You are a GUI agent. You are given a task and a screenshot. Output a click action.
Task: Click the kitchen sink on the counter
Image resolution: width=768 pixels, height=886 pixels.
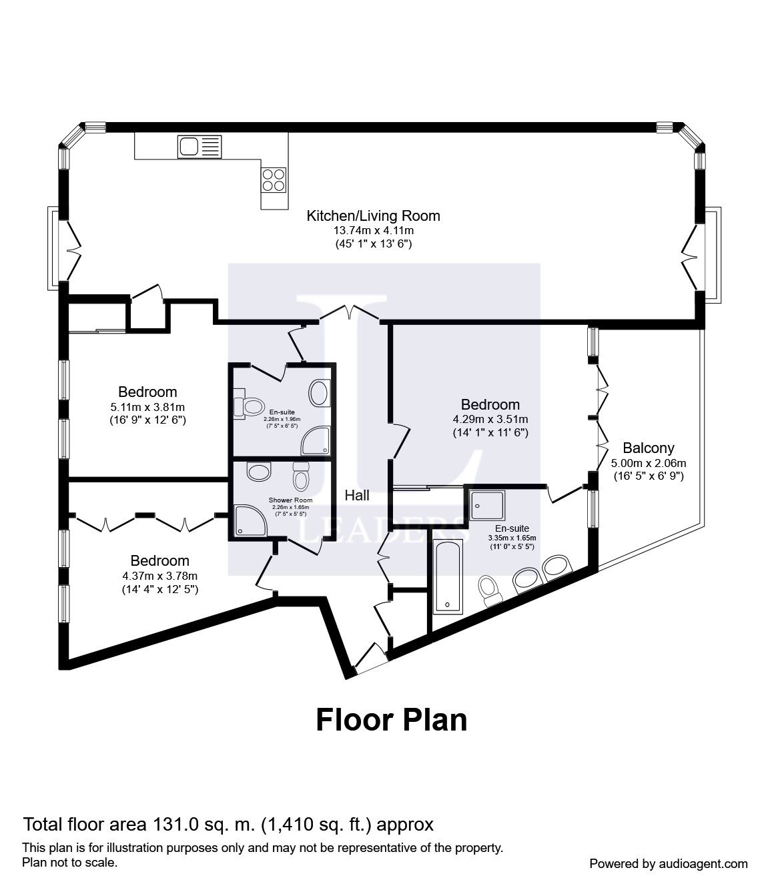click(x=198, y=146)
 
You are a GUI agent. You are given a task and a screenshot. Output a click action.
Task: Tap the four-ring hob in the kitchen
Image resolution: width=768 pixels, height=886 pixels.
click(x=275, y=178)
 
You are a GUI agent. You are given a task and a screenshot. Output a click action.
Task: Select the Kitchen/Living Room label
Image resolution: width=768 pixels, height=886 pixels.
click(x=373, y=215)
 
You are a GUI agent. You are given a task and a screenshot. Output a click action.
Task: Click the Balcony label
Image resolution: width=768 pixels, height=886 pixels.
click(x=648, y=448)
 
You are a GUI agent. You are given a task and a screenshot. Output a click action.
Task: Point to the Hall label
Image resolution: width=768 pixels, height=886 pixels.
click(x=357, y=495)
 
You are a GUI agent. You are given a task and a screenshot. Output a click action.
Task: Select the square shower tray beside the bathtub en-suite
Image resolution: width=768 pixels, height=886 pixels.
click(x=487, y=504)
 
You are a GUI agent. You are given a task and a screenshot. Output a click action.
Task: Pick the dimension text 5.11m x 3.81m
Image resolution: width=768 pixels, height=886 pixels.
click(x=147, y=407)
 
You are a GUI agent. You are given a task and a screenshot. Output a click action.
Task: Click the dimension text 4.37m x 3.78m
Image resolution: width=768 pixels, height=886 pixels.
click(x=159, y=576)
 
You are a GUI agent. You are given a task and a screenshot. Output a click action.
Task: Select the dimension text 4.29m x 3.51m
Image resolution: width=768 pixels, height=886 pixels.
click(x=490, y=419)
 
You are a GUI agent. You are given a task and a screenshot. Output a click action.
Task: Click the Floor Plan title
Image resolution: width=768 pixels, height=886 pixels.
click(x=391, y=720)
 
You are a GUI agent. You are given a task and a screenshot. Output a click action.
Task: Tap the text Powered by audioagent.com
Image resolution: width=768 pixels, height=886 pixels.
click(x=669, y=863)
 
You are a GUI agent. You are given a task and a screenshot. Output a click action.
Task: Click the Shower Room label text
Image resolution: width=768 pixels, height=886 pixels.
click(x=290, y=500)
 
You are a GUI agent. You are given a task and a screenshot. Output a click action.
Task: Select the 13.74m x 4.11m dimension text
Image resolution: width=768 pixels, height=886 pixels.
click(x=373, y=230)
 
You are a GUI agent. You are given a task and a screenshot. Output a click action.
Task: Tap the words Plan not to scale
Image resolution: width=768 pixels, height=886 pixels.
click(x=70, y=862)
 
